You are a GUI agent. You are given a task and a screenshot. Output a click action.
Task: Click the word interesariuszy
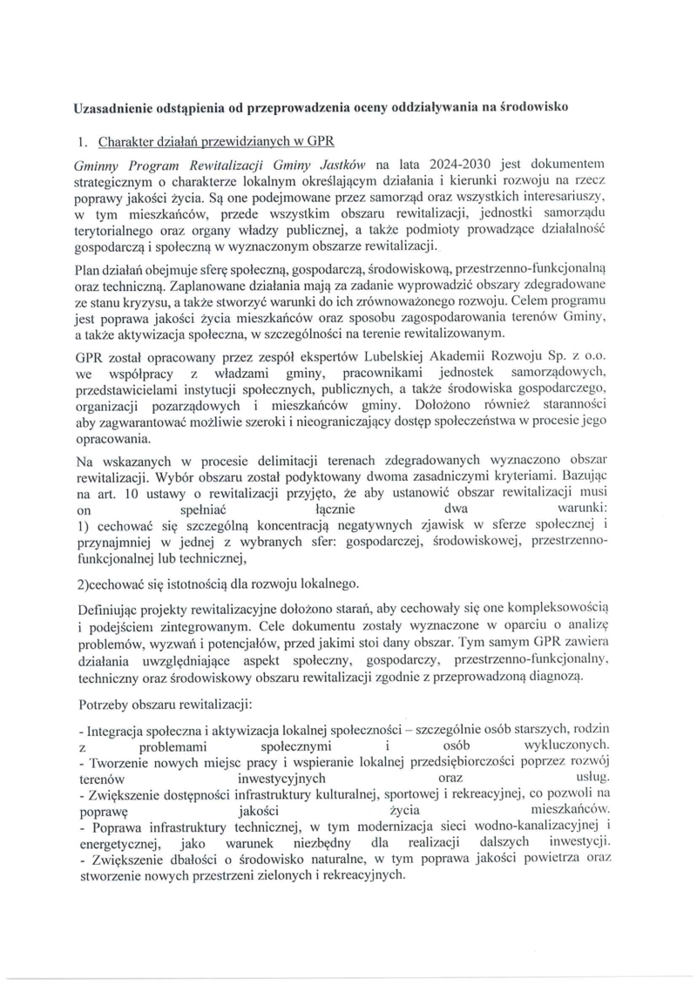tap(571, 199)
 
